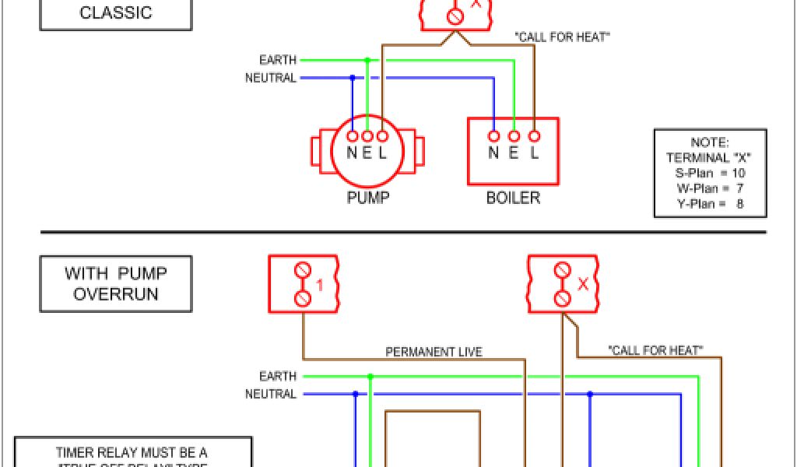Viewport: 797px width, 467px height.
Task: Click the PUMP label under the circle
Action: (367, 198)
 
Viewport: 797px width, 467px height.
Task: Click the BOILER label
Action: (513, 198)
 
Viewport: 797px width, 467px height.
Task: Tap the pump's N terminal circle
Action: (352, 135)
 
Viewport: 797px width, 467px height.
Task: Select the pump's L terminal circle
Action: (382, 135)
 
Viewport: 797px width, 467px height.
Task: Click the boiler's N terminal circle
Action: (493, 135)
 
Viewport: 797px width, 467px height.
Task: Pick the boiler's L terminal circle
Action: (534, 135)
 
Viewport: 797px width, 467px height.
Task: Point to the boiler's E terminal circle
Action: (514, 135)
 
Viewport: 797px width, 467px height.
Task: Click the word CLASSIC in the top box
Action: (116, 13)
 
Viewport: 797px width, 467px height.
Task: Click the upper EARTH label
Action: (278, 60)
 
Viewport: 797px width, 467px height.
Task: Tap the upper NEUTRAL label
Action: (271, 78)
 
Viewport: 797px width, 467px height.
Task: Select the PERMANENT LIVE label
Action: (434, 352)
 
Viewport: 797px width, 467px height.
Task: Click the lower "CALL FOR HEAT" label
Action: (655, 351)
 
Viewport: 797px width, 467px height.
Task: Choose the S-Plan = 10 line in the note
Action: (708, 173)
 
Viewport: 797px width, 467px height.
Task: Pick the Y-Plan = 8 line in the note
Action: (708, 204)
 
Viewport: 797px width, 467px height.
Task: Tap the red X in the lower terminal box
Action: (583, 285)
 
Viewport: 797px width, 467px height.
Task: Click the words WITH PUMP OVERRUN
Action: (116, 284)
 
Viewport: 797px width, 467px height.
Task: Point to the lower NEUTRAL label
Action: (271, 395)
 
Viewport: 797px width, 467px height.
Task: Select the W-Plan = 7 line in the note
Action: (708, 188)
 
